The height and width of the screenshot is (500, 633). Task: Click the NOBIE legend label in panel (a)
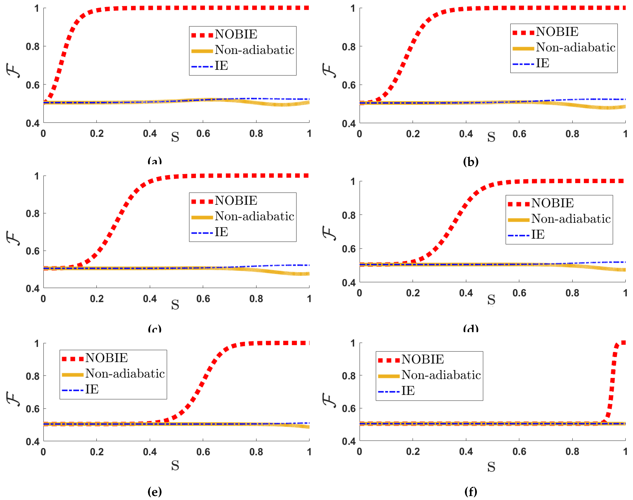(x=236, y=34)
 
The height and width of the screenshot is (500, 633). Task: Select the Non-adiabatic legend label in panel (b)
(x=575, y=47)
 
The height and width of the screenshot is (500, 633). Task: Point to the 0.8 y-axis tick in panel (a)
(x=33, y=47)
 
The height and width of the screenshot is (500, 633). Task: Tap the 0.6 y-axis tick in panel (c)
(x=33, y=251)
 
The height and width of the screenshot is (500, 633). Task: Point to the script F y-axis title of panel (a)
(x=13, y=70)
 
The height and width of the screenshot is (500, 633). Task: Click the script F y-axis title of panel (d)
(x=329, y=233)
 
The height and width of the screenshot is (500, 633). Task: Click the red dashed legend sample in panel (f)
(x=389, y=360)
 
